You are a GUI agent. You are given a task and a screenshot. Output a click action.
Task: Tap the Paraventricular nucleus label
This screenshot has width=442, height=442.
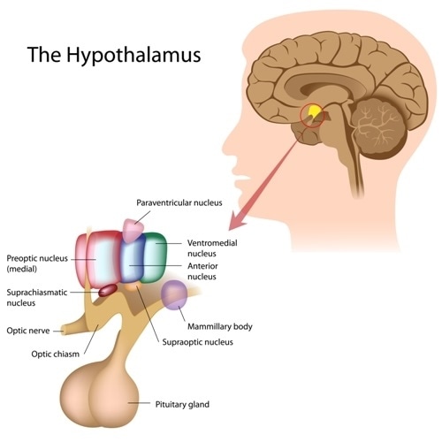(183, 202)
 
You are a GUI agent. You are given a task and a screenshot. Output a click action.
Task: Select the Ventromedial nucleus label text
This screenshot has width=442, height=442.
(212, 248)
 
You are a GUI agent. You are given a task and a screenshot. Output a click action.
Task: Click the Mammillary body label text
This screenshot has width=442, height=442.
(219, 326)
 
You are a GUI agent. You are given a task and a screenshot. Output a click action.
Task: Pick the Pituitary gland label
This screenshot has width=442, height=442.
(181, 404)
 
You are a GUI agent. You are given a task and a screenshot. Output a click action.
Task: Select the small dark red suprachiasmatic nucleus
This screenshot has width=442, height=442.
(108, 288)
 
